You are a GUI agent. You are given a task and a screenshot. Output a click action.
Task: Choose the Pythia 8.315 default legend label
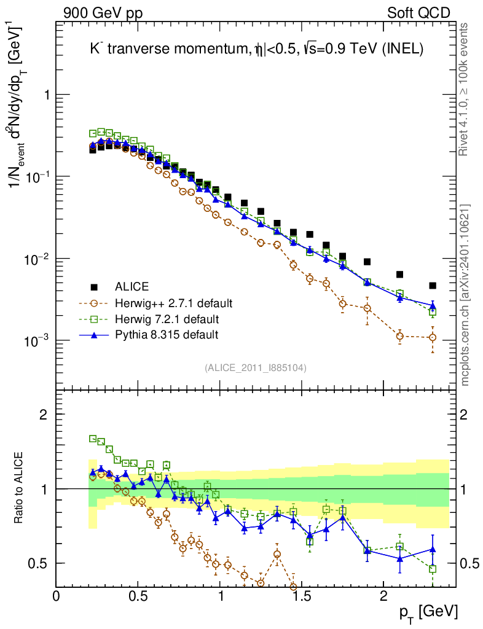click(167, 335)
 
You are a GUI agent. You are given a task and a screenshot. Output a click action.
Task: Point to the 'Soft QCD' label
click(418, 13)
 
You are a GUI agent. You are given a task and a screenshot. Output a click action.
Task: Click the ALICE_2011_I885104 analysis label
click(255, 367)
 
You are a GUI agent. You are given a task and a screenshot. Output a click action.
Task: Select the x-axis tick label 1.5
click(301, 595)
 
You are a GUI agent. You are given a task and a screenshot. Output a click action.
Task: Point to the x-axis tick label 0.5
click(138, 595)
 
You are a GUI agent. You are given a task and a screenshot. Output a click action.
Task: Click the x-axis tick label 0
click(57, 595)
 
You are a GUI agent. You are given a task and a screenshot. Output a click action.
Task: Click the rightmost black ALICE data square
click(433, 286)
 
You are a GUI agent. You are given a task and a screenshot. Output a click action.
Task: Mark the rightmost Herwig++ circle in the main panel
click(433, 337)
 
